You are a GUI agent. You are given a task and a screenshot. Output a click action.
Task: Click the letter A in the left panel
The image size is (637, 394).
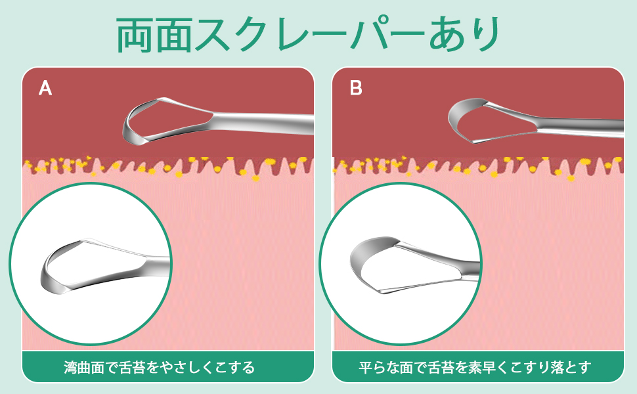45,88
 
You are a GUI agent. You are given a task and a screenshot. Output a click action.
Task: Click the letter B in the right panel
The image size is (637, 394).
356,88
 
